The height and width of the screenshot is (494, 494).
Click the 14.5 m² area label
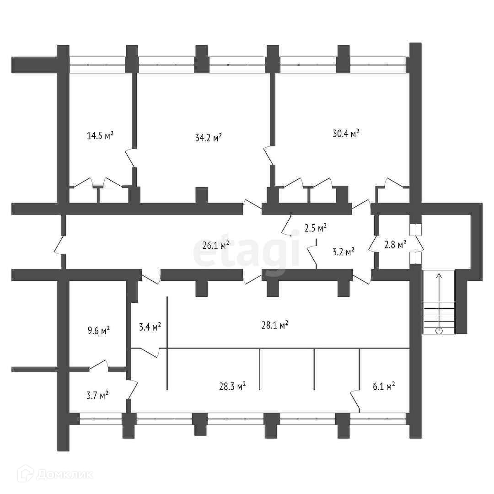[x=100, y=135]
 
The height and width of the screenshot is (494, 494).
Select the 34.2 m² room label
[x=208, y=137]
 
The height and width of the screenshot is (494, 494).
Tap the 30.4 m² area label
[x=345, y=133]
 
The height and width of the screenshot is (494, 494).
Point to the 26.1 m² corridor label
[x=215, y=246]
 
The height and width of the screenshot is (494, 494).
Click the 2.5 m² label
[x=315, y=227]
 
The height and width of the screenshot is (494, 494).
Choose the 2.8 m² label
[x=395, y=245]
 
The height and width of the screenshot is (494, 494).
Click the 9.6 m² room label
[x=98, y=330]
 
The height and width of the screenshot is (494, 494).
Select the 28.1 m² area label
[x=274, y=325]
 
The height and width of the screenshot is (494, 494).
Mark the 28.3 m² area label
[x=232, y=386]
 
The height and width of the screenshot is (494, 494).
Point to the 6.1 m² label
[x=384, y=387]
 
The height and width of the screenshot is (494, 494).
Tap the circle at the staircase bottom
[x=439, y=331]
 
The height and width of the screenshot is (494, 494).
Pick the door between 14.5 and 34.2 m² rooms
[x=130, y=158]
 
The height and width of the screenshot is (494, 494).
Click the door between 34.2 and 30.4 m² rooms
[x=269, y=156]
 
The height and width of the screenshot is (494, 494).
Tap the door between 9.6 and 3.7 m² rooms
[x=99, y=365]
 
